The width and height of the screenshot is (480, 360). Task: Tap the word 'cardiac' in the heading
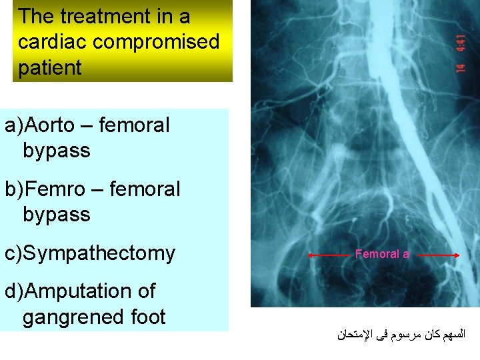(x=53, y=42)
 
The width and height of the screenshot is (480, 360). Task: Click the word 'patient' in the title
(x=50, y=67)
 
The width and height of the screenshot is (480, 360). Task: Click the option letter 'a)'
(x=15, y=125)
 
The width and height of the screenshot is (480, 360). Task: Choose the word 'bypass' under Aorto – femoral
(x=56, y=151)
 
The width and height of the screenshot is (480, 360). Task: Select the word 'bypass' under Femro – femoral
(x=56, y=215)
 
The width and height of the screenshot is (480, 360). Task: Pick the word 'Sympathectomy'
(x=101, y=253)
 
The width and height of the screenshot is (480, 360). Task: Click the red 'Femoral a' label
(x=382, y=254)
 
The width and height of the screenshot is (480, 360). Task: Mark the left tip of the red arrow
(x=309, y=255)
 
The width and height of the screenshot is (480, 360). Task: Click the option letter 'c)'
(x=15, y=253)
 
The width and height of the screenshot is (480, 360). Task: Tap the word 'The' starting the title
(x=37, y=16)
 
